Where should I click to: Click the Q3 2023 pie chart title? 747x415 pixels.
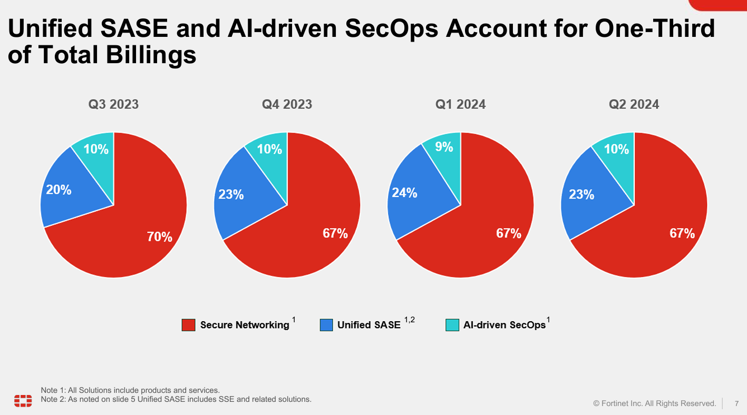[113, 104]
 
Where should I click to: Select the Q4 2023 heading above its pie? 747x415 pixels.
[287, 104]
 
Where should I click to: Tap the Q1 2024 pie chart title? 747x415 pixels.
[460, 104]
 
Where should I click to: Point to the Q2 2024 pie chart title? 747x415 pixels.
[634, 104]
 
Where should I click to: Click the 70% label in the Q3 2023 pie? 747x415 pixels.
[160, 237]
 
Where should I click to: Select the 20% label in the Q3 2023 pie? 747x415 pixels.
[59, 190]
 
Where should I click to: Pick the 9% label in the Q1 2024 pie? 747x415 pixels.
[444, 147]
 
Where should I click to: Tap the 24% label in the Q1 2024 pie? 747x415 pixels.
[404, 193]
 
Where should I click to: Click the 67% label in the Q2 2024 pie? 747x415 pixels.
[682, 233]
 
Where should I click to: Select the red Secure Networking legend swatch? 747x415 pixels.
[188, 325]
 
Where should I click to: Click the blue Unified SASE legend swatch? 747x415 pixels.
[326, 325]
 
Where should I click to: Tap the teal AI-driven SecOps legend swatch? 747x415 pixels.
[452, 325]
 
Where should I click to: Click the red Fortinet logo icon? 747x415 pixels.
[23, 400]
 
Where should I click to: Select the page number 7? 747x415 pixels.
[736, 403]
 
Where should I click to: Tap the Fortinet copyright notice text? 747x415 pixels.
[654, 403]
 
